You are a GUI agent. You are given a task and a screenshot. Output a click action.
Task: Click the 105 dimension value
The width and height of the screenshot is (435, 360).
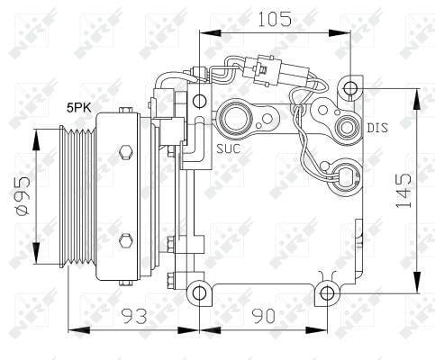275,19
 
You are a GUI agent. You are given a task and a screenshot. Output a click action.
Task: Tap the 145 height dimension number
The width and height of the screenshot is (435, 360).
403,190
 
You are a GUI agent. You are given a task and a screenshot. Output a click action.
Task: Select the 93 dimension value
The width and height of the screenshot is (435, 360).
134,316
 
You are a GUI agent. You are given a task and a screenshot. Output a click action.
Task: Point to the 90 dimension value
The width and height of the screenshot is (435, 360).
263,316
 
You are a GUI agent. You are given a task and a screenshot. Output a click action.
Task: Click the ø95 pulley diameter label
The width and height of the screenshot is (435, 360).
23,196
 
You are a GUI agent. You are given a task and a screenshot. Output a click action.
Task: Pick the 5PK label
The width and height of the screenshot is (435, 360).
79,108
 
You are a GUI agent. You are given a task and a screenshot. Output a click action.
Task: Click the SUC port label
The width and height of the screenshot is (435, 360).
229,148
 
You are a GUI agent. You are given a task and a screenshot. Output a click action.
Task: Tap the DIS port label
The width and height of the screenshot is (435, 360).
377,128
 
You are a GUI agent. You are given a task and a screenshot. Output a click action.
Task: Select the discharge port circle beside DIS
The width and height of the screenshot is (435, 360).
348,127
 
